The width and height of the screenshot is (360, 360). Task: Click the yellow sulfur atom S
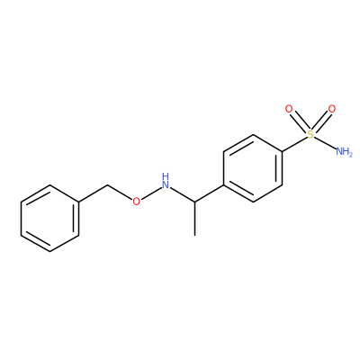310,134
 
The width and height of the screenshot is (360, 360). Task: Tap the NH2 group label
344,151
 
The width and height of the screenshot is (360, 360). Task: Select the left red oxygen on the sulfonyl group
289,109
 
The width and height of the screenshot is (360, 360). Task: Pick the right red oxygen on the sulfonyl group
332,109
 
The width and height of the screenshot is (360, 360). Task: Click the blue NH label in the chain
166,181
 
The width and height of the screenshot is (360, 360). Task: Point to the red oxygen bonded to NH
136,201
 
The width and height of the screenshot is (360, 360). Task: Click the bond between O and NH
150,193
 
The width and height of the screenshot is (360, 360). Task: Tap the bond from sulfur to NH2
325,142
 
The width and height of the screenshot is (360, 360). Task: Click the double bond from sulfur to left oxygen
300,121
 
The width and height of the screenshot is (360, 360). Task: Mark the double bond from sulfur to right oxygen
321,121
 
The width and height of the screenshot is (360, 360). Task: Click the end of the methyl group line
194,235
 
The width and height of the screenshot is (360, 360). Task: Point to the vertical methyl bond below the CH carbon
194,219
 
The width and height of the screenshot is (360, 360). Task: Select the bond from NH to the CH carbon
183,194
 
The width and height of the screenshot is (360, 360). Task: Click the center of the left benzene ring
49,218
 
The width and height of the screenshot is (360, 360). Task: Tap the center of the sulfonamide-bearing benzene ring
253,168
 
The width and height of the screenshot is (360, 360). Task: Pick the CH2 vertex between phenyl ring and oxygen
108,184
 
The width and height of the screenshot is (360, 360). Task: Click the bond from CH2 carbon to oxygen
120,192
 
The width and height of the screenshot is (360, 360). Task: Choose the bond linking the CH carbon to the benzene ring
209,193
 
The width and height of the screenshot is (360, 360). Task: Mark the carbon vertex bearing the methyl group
194,202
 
